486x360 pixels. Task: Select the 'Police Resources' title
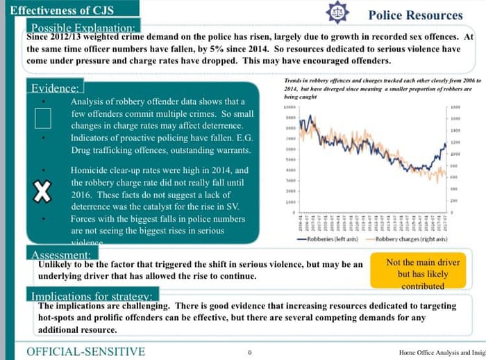click(415, 15)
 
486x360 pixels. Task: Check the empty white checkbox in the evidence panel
click(42, 119)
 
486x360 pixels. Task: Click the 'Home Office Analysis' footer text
click(437, 352)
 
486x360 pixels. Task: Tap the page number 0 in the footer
click(249, 352)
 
